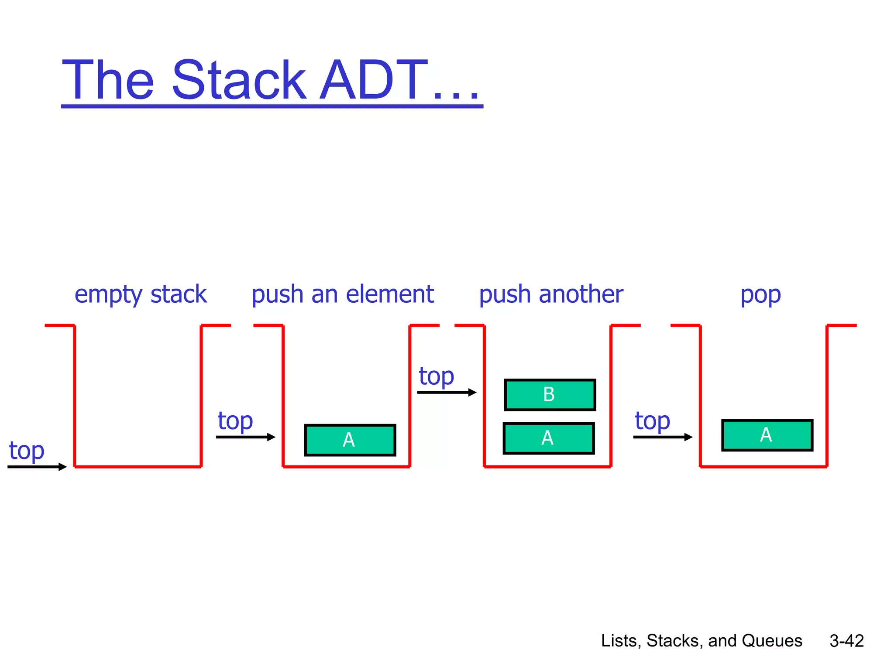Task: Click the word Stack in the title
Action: (239, 81)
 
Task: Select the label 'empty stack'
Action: (140, 294)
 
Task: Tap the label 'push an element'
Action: (343, 294)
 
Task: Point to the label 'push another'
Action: (551, 294)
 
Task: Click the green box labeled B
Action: (550, 395)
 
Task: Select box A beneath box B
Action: (549, 438)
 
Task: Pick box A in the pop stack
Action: (767, 435)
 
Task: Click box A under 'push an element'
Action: (350, 440)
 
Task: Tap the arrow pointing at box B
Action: (446, 393)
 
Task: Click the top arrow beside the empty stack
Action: (37, 467)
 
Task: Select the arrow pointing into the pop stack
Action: (662, 437)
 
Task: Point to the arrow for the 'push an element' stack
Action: (245, 437)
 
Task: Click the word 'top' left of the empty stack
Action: (27, 451)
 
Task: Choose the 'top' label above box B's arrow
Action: (436, 376)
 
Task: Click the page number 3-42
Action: (846, 641)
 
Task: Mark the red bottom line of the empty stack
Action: (138, 467)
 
